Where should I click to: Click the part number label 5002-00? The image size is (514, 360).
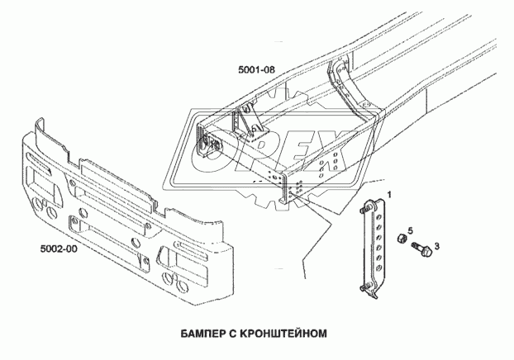(x=59, y=246)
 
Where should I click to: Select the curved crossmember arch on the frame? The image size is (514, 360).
(x=351, y=91)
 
